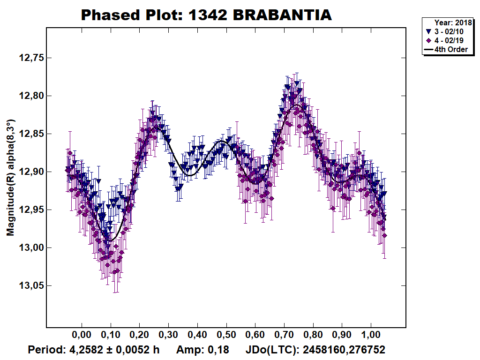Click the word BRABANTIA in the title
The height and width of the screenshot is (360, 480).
coord(282,15)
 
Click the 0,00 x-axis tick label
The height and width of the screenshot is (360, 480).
coord(82,334)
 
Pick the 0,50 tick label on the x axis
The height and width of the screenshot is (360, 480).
coord(226,334)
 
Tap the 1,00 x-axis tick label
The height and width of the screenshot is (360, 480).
coord(371,334)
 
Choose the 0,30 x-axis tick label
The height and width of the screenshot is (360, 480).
coord(168,334)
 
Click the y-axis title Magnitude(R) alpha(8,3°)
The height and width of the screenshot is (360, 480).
coord(11,178)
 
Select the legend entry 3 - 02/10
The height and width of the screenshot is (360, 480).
coord(444,31)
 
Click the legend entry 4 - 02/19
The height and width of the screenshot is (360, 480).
coord(444,40)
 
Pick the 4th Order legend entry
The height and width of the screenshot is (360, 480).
coord(446,49)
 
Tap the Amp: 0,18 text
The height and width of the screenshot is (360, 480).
coord(202,350)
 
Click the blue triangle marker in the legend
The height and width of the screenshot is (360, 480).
coord(428,31)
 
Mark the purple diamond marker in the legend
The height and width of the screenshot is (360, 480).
coord(428,40)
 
